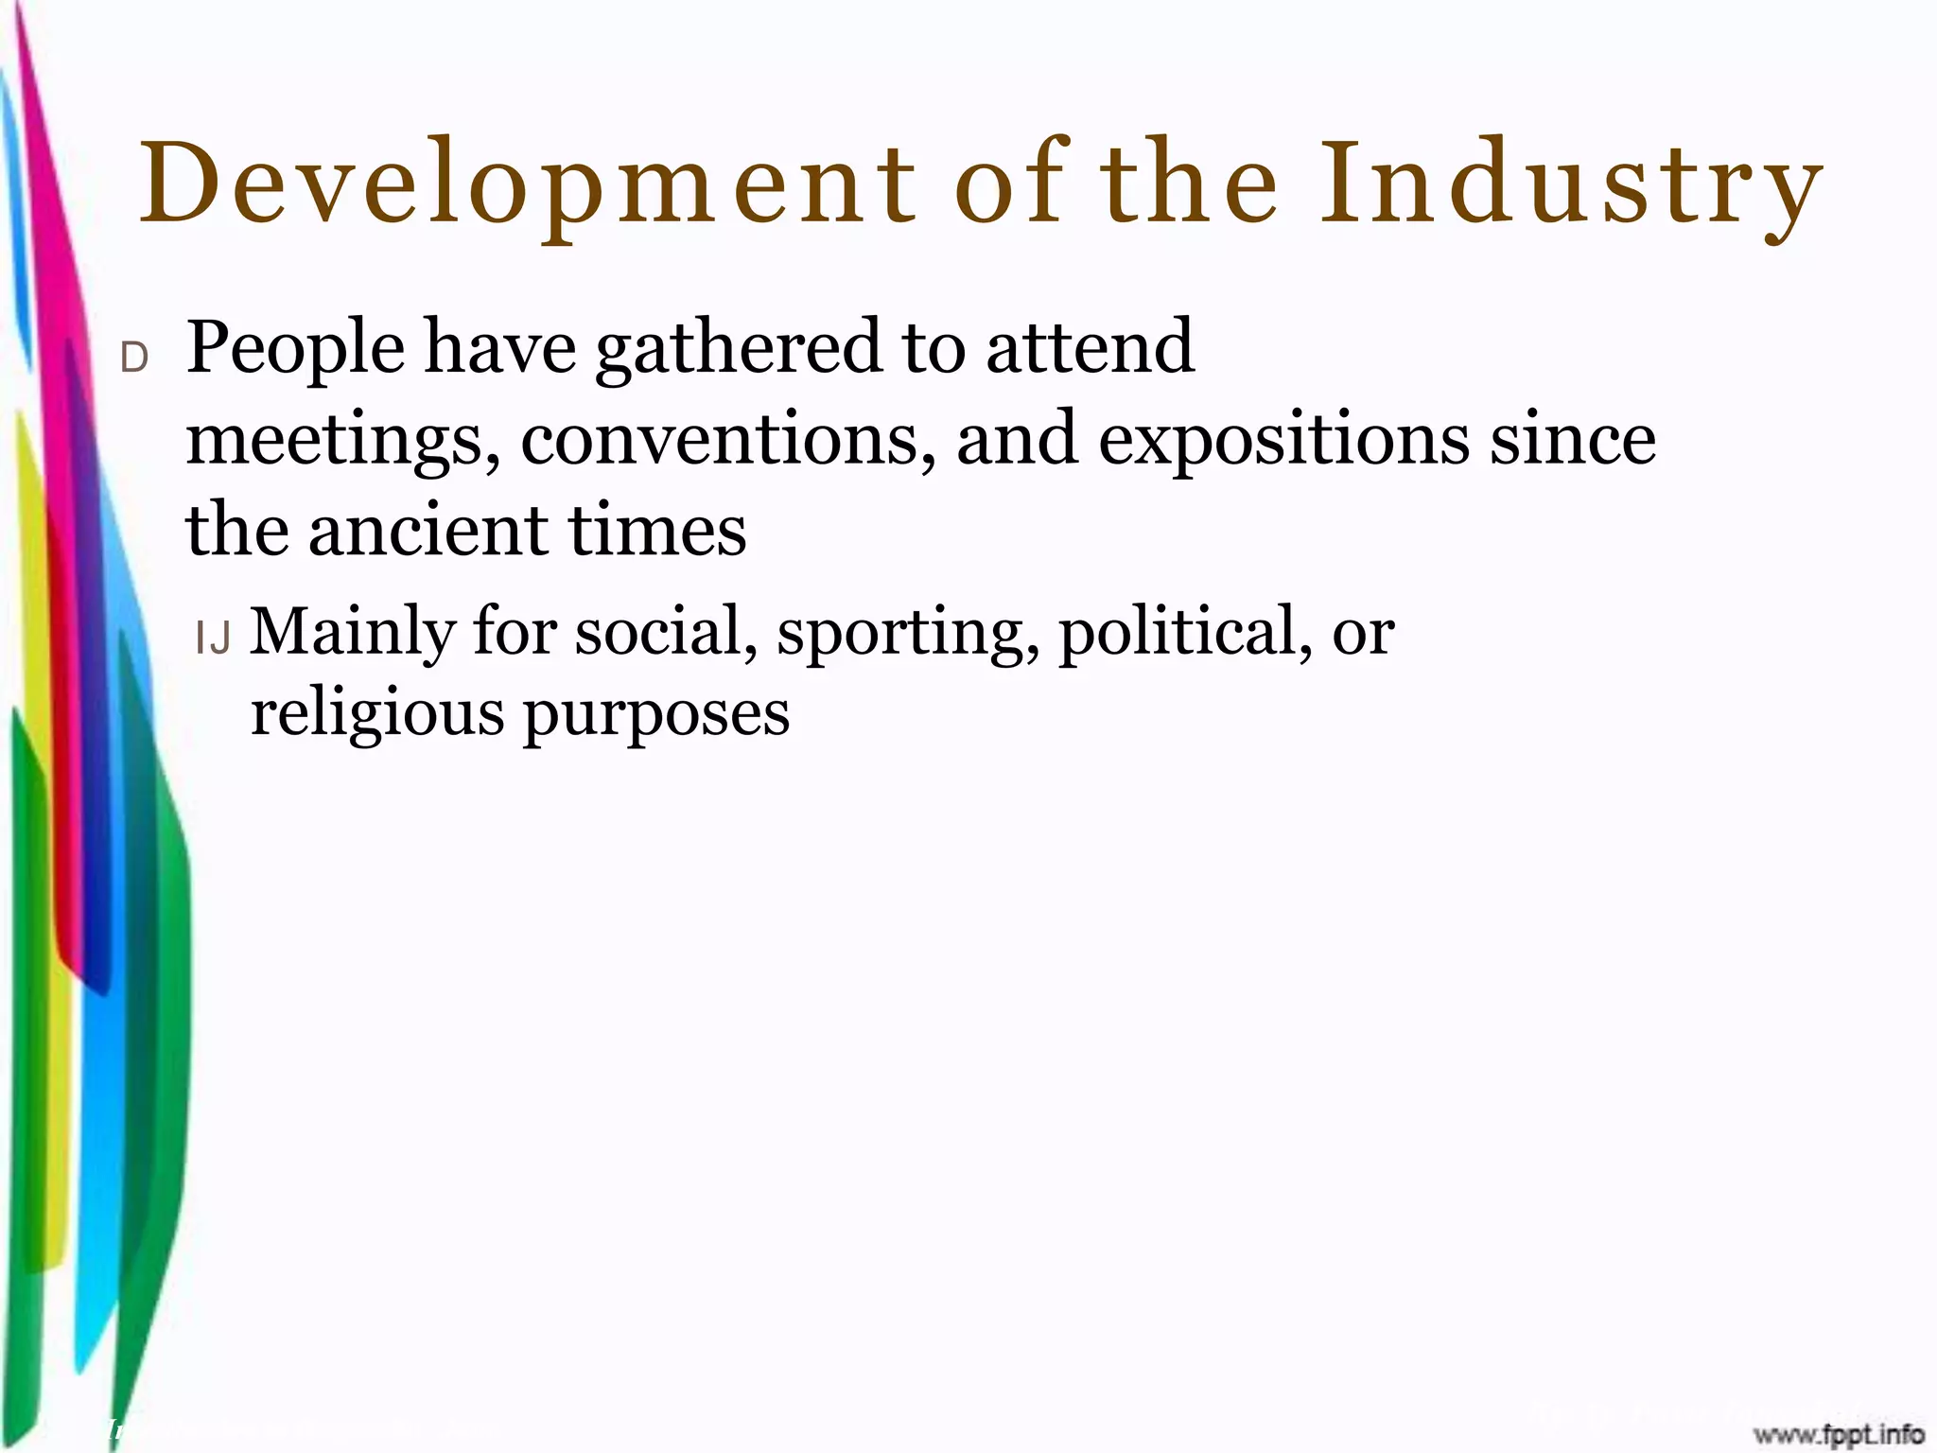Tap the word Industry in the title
1571,184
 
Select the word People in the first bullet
296,348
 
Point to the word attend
1091,348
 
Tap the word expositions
1283,440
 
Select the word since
1573,440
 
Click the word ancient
428,530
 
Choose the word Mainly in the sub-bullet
352,632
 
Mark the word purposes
656,714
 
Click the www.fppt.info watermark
1839,1434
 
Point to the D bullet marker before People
134,358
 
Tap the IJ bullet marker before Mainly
213,639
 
